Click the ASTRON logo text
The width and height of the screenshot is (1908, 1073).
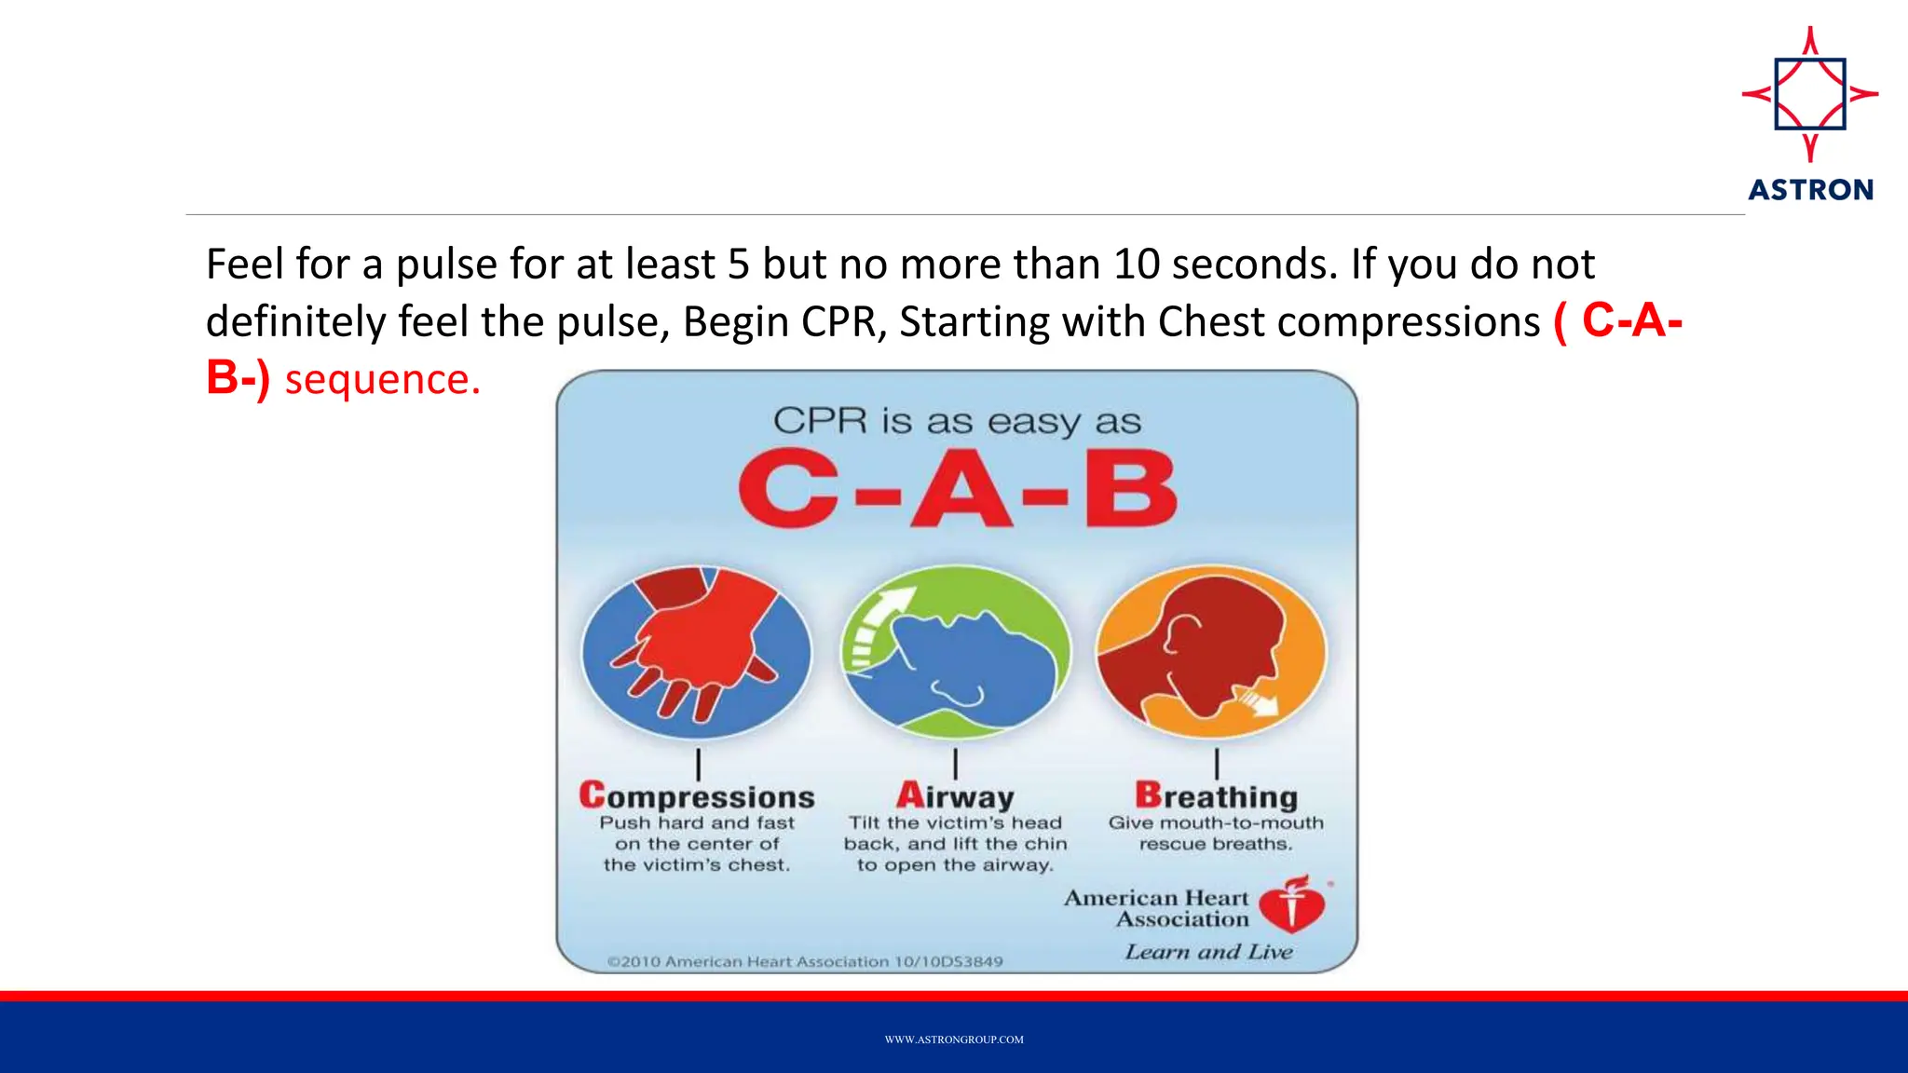click(x=1810, y=190)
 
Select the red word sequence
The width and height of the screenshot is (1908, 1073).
click(x=382, y=380)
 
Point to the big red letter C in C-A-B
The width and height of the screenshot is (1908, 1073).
click(x=788, y=490)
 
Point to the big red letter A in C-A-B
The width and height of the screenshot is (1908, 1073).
click(x=961, y=490)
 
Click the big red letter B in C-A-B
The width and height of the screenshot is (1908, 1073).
click(x=1130, y=490)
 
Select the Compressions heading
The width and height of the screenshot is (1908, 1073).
click(x=697, y=796)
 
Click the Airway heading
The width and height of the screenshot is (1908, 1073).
click(x=955, y=796)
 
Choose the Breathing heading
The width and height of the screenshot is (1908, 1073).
click(x=1216, y=796)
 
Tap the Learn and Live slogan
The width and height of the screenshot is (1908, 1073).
click(x=1208, y=952)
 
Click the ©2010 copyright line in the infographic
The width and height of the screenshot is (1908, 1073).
click(x=805, y=961)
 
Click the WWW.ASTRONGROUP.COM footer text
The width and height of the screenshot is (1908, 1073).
click(x=954, y=1039)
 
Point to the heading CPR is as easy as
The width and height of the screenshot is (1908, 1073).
click(x=957, y=421)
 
